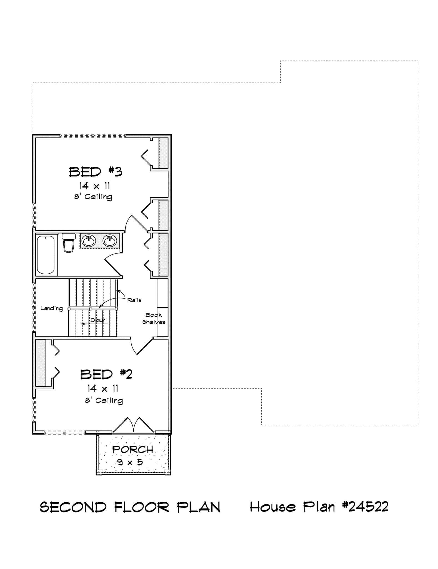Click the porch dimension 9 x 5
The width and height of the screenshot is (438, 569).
coord(130,462)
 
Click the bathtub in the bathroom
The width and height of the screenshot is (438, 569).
coord(46,255)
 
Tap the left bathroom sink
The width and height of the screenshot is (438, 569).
coord(89,241)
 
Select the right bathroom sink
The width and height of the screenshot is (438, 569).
coord(110,241)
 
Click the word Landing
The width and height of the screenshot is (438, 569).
coord(52,308)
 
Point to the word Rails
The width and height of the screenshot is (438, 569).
coord(134,300)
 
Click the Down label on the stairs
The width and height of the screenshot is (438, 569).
coord(98,320)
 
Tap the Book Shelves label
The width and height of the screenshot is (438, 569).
coord(154,318)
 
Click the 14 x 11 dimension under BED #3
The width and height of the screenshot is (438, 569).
coord(95,186)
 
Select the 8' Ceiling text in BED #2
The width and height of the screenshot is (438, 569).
coord(104,400)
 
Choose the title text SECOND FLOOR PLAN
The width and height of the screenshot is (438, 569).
coord(130,507)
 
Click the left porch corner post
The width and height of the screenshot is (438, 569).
coord(99,472)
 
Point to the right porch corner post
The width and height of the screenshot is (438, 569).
coord(168,472)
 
